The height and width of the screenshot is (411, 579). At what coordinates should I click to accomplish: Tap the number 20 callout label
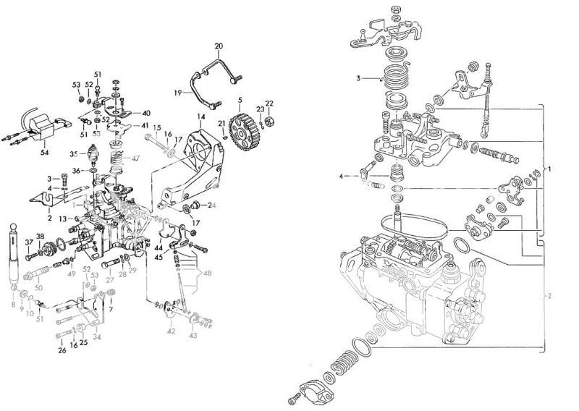coord(219,46)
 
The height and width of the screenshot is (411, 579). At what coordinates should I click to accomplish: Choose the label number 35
coord(73,154)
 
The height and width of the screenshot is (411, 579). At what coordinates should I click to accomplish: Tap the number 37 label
coord(29,242)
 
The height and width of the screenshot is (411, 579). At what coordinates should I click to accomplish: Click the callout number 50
coord(38,288)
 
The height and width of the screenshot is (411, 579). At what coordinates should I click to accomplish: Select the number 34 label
coord(97,336)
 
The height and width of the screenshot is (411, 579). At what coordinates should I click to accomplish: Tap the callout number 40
coord(146,113)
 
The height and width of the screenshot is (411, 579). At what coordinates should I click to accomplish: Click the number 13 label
coord(64,218)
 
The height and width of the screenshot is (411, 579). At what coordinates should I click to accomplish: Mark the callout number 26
coord(62,350)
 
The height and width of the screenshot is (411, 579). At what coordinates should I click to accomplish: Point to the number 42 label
coord(171,331)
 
